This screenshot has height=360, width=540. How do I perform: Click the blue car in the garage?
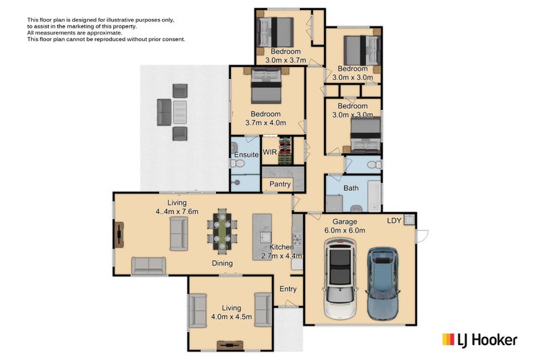coord(382,283)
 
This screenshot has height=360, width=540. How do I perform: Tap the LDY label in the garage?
coord(394,220)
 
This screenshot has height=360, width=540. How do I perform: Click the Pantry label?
coord(279,184)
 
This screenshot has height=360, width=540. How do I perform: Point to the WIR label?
coord(269,152)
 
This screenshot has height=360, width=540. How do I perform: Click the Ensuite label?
coord(246,155)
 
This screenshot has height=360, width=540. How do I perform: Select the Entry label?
coord(288,289)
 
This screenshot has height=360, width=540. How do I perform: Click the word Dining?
coord(222,263)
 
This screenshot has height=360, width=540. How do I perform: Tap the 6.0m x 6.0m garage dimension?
coord(345,230)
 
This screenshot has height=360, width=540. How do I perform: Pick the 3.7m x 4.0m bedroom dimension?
coord(265,123)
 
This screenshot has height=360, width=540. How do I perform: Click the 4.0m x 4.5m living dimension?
coord(232,317)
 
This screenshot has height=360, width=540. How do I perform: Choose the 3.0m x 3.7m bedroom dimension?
coord(286,60)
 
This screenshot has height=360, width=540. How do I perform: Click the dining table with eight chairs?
coord(222,232)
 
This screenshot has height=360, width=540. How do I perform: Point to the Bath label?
coord(351,188)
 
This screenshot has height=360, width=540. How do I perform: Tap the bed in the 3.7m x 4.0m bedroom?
coord(266,85)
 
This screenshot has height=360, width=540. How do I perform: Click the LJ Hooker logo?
coord(480,340)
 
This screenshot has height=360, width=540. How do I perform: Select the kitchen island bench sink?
coord(265,237)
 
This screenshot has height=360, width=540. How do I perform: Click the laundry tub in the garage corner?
coord(409,220)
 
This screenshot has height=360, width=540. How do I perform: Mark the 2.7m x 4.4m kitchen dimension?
coord(281,256)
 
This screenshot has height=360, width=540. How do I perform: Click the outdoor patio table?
coord(180,112)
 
